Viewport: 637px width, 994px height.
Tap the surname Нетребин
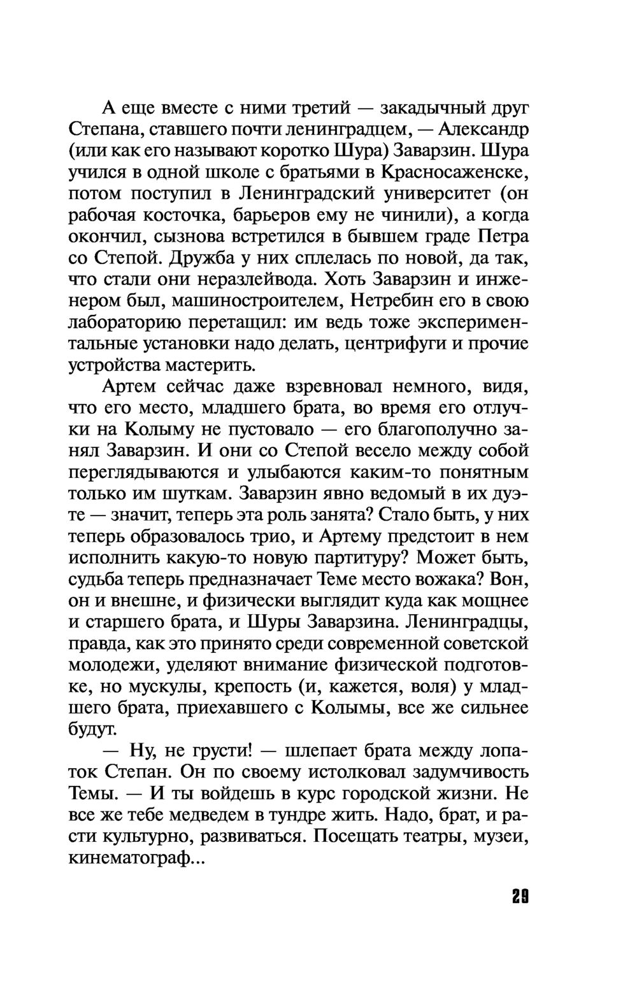pos(396,301)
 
